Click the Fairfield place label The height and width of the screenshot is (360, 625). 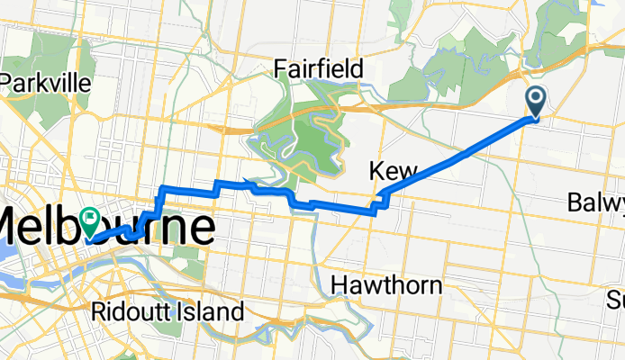tap(318, 68)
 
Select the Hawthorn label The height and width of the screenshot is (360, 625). tap(386, 285)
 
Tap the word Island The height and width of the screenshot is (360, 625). tap(213, 312)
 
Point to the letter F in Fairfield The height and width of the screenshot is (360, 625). tap(281, 68)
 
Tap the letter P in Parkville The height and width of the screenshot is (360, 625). tap(11, 83)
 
